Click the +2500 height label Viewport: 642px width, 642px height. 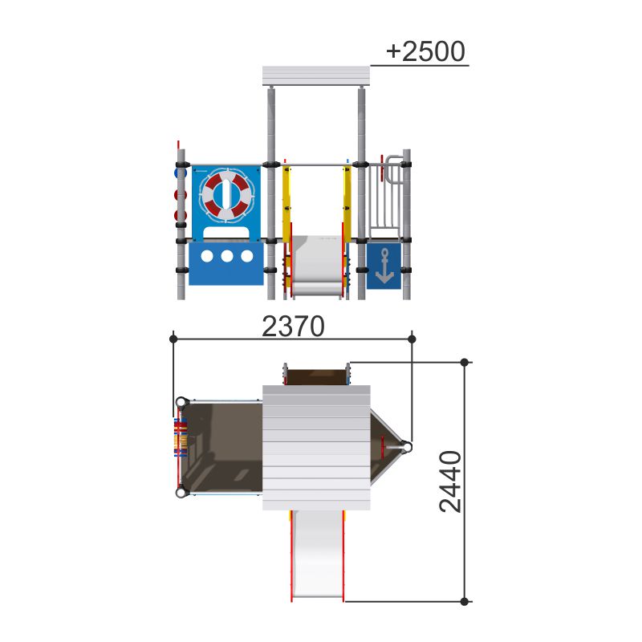tap(425, 51)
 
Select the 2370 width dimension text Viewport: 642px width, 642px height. tap(293, 327)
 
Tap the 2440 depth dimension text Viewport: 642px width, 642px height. tap(450, 481)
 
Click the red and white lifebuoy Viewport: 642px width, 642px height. tap(226, 196)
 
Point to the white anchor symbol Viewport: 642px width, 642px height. tap(384, 266)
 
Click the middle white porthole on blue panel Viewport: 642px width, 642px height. tap(227, 256)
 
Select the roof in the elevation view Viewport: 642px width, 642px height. tap(315, 76)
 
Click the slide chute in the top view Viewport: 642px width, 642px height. tap(317, 555)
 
